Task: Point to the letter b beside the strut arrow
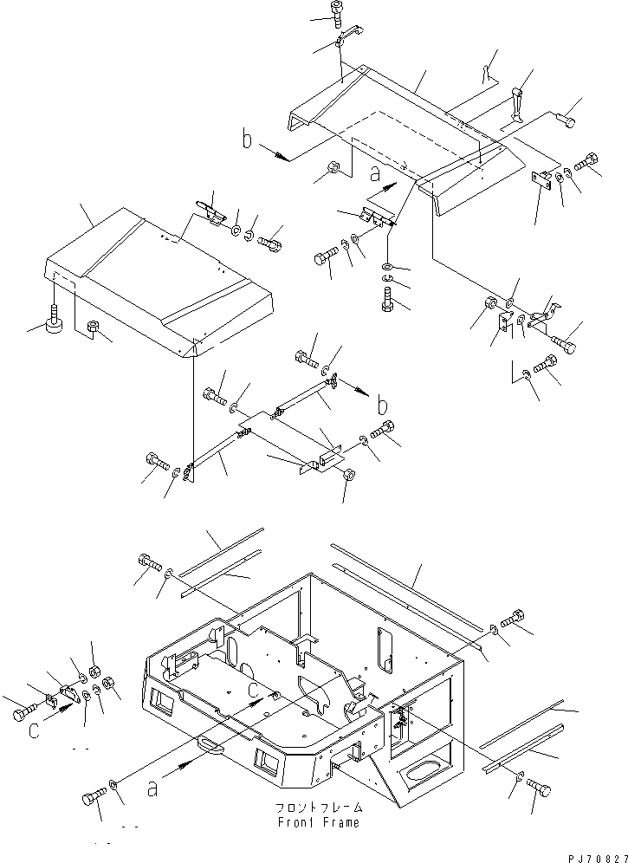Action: pos(382,406)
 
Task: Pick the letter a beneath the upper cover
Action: pos(376,172)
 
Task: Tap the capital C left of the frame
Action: pos(32,731)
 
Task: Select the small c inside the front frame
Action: pos(253,689)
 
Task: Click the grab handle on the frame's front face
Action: pos(210,742)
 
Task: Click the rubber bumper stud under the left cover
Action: pos(55,325)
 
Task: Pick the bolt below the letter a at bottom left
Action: pos(93,798)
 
